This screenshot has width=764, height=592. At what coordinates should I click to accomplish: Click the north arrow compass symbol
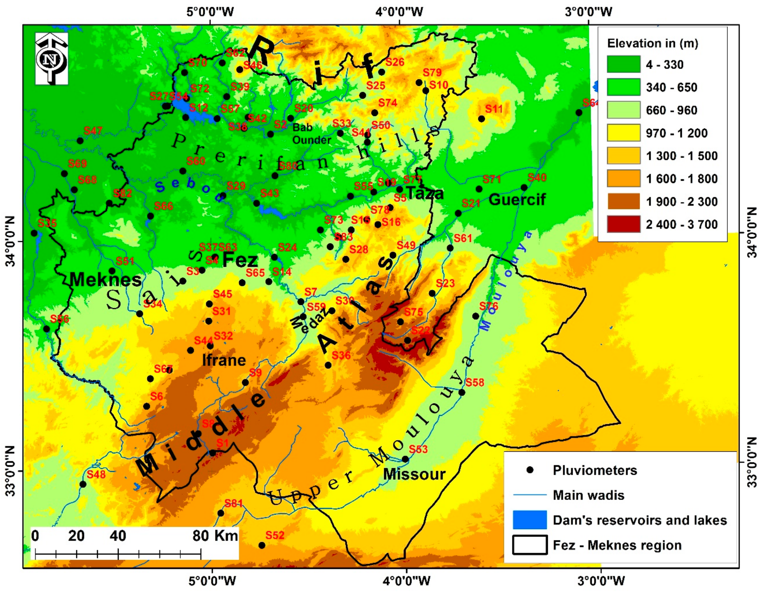click(x=52, y=59)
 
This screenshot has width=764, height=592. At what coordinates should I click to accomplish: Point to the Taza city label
click(x=425, y=193)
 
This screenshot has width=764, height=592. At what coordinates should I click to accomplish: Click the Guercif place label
click(x=517, y=200)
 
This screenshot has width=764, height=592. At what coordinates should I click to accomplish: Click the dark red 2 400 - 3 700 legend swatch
click(x=623, y=224)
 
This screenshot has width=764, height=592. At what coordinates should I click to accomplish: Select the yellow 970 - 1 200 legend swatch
click(x=623, y=133)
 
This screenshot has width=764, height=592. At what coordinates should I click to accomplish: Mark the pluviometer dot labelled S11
click(x=481, y=119)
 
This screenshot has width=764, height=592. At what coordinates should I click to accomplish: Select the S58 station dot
click(x=462, y=392)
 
